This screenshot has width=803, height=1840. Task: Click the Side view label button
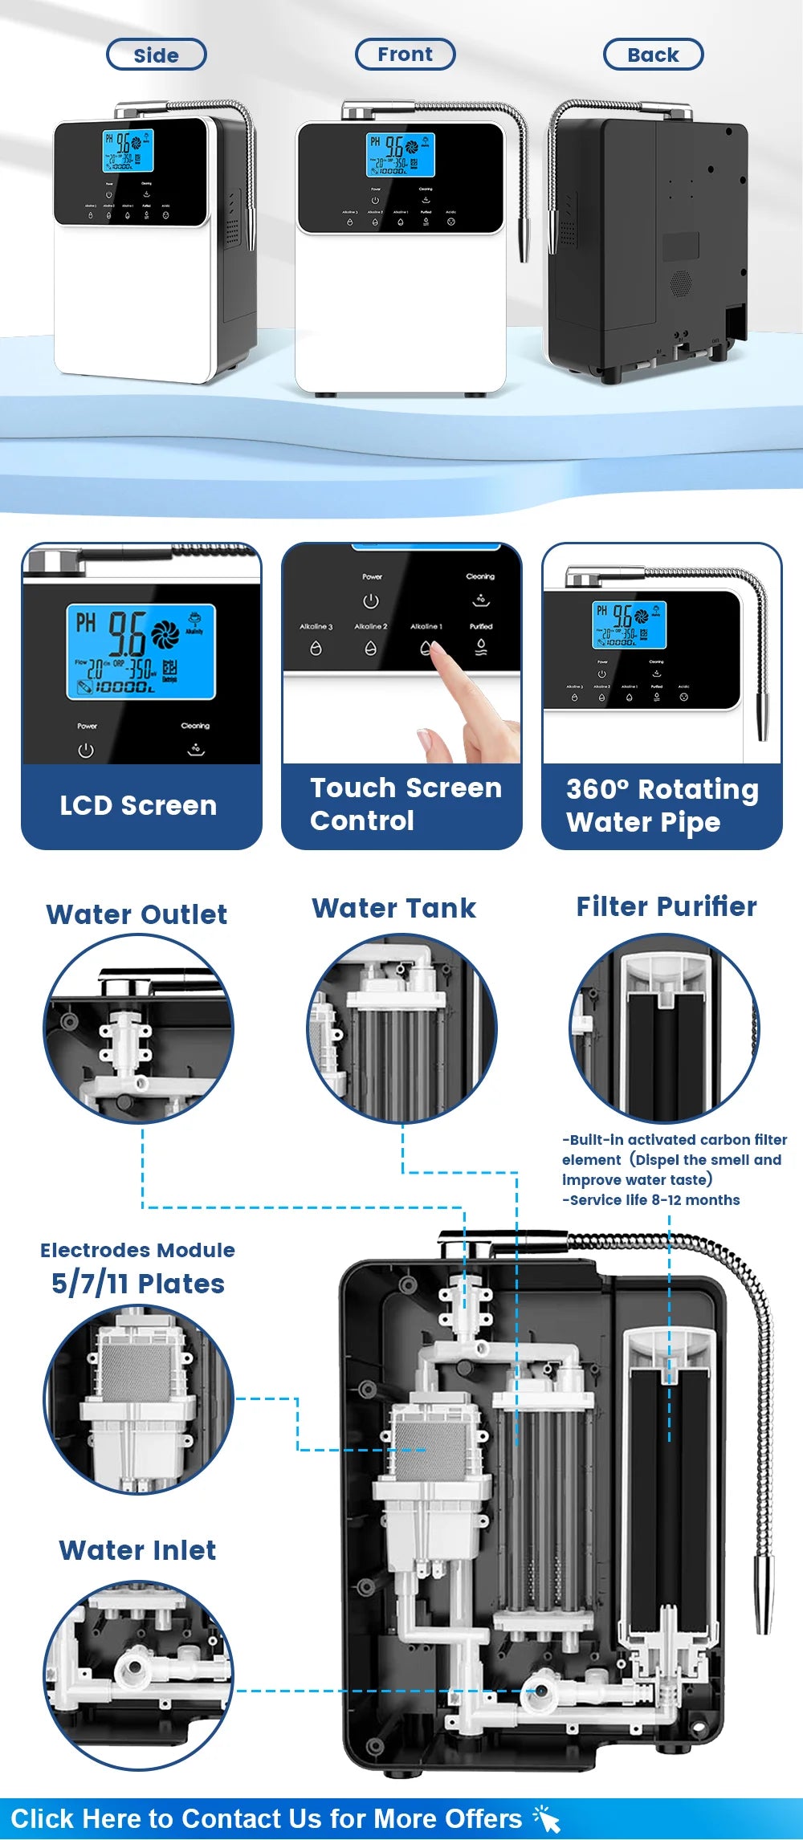(x=157, y=55)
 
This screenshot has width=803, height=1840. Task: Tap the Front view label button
(x=405, y=55)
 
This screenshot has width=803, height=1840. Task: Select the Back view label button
(x=653, y=55)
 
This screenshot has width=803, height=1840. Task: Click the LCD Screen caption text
(x=138, y=805)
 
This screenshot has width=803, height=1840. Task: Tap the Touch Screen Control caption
(x=406, y=804)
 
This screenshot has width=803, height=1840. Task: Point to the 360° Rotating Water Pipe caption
(x=662, y=805)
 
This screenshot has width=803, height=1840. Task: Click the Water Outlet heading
(x=137, y=914)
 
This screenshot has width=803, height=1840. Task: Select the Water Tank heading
(x=393, y=908)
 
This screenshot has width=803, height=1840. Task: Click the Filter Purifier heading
(x=666, y=906)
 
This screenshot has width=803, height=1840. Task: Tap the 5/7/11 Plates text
(x=137, y=1284)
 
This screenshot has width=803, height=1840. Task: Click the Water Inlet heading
(x=137, y=1550)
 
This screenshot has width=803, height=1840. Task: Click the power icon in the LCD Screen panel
(x=86, y=751)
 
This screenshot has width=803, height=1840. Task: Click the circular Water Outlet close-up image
(x=138, y=1028)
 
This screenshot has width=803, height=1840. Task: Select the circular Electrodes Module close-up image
(x=138, y=1400)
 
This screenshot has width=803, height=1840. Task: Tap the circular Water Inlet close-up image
(x=138, y=1675)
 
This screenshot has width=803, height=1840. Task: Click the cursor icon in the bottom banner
(x=547, y=1819)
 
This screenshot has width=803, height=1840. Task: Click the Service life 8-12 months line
(x=650, y=1200)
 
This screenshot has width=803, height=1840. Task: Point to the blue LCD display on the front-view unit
(x=400, y=155)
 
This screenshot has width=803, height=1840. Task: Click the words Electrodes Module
(x=137, y=1250)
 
